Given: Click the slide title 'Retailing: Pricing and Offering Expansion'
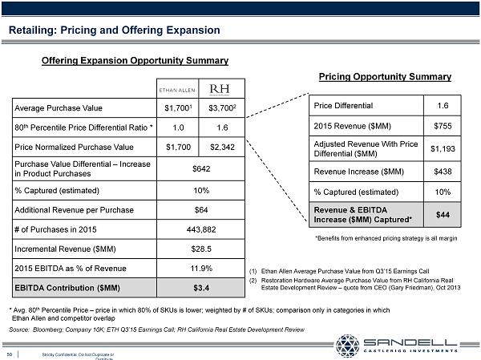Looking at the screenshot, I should pyautogui.click(x=114, y=30).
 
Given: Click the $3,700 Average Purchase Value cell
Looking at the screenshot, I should pyautogui.click(x=220, y=107).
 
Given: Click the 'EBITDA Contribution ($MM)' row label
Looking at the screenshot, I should pyautogui.click(x=63, y=288).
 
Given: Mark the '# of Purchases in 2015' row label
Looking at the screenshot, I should pyautogui.click(x=56, y=229).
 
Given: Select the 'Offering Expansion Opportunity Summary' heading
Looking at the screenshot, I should pyautogui.click(x=135, y=60).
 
